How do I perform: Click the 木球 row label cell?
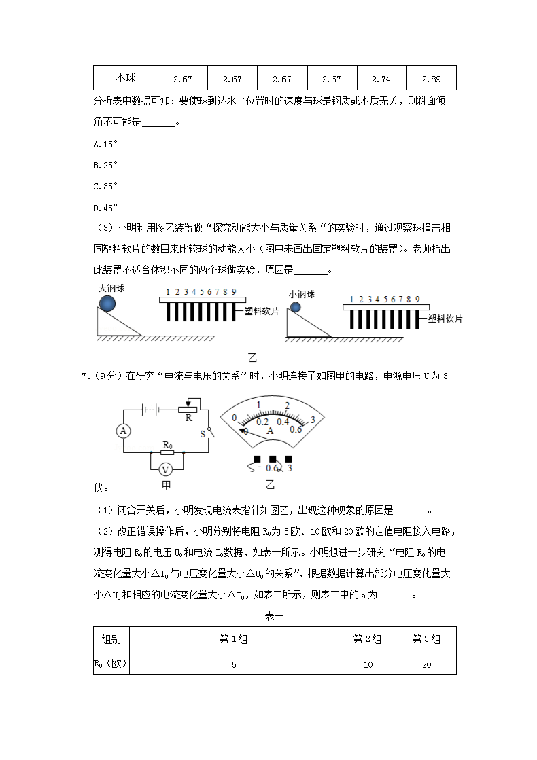coord(125,78)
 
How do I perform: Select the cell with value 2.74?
coord(381,79)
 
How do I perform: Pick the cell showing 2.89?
coord(431,79)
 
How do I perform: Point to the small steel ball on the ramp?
coord(295,308)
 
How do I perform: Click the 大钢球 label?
coord(111,288)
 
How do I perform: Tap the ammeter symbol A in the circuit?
coord(123,431)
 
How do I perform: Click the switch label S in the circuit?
coord(202,432)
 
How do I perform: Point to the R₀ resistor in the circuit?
coord(167,451)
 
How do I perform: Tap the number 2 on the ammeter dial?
coord(287,405)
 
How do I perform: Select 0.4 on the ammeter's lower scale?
coord(282,421)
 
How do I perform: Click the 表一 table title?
coord(274,617)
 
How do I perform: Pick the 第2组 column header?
coord(368,639)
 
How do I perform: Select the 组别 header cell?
coord(111,639)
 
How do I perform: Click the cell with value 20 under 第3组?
coord(426,664)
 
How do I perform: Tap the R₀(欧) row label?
coord(111,663)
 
